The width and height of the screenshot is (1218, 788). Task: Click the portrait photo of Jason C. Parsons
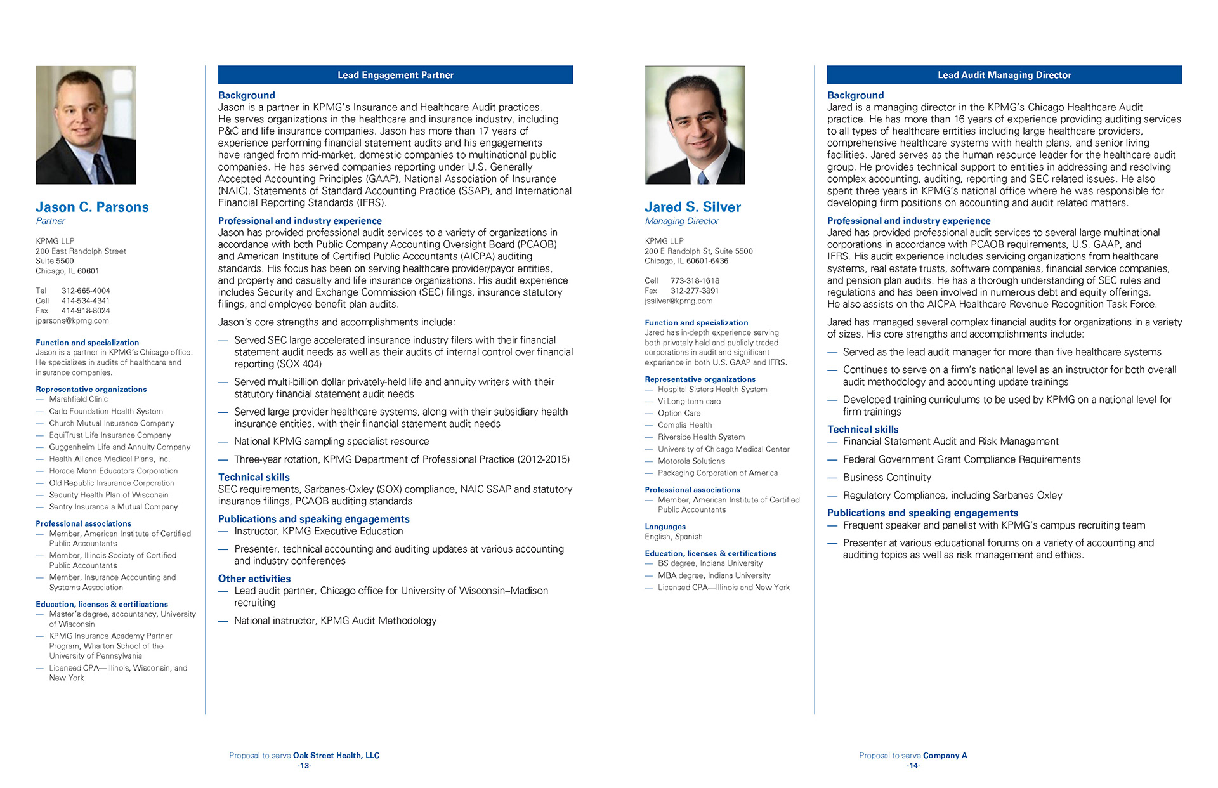(86, 125)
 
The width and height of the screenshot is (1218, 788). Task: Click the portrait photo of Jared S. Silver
(695, 125)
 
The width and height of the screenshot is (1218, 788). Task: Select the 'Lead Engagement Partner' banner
(395, 75)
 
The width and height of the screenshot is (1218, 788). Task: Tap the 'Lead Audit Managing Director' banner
(1004, 75)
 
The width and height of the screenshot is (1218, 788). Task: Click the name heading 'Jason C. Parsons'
(92, 207)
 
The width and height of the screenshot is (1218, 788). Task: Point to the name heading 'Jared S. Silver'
(692, 207)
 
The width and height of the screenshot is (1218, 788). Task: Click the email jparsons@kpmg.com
(72, 321)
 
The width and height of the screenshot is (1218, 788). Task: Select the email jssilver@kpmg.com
(678, 301)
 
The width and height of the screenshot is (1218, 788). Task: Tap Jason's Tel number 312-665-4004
(86, 291)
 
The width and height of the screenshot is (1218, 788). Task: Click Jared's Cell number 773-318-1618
(695, 280)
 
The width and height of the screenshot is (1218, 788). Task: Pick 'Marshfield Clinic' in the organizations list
(78, 399)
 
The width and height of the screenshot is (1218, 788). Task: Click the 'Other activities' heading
(254, 579)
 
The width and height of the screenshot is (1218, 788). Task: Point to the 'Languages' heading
(665, 527)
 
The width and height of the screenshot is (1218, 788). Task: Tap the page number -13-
(304, 766)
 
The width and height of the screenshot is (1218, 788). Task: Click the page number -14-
(913, 766)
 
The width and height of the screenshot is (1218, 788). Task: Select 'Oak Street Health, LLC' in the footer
(336, 756)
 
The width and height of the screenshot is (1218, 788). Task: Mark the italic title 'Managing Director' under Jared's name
(681, 221)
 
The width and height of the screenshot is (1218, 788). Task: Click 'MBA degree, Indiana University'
(714, 575)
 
